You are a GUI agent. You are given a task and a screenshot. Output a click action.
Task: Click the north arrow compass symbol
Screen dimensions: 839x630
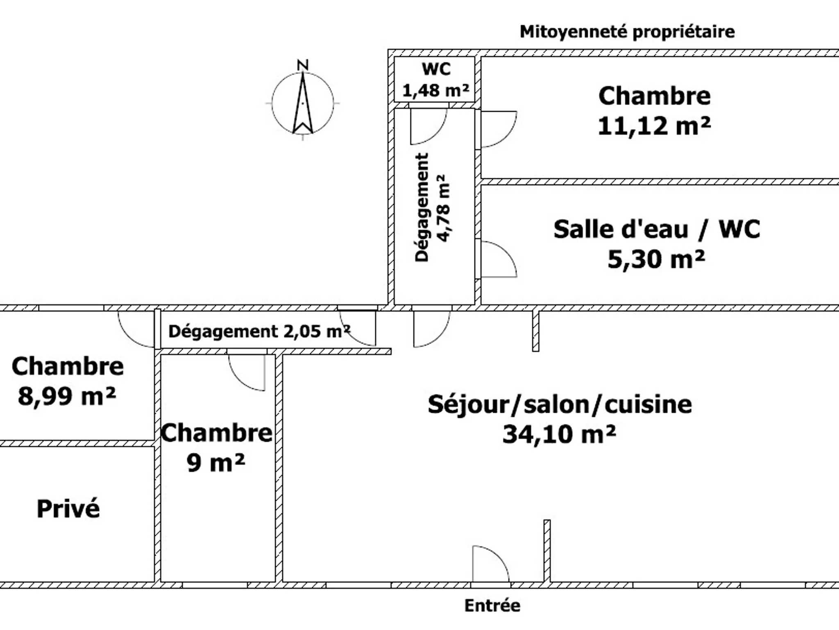pyautogui.click(x=303, y=103)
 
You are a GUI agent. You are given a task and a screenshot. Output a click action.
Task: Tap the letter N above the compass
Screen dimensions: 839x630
pyautogui.click(x=303, y=65)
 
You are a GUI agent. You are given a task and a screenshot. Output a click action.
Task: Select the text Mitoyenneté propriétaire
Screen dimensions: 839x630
pyautogui.click(x=627, y=32)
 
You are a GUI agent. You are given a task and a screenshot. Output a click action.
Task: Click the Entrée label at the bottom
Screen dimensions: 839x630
pyautogui.click(x=492, y=605)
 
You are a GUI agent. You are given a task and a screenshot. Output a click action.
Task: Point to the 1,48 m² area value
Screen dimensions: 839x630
pyautogui.click(x=436, y=90)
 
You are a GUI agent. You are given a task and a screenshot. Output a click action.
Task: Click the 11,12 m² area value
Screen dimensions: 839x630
pyautogui.click(x=654, y=126)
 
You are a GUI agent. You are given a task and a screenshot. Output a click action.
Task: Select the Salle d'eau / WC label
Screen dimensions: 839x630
pyautogui.click(x=657, y=229)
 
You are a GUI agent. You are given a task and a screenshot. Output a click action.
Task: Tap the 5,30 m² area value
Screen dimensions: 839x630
pyautogui.click(x=656, y=259)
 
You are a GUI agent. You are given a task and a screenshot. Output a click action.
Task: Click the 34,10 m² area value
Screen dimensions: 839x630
pyautogui.click(x=559, y=434)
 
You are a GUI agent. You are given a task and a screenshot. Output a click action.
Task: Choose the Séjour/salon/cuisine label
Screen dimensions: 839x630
pyautogui.click(x=560, y=404)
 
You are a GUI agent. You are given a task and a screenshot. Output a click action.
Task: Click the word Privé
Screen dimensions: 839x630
pyautogui.click(x=68, y=509)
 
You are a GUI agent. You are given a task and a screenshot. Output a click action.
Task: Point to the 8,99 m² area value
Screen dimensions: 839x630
pyautogui.click(x=67, y=396)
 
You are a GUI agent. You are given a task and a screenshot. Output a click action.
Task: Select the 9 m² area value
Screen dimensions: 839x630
pyautogui.click(x=216, y=463)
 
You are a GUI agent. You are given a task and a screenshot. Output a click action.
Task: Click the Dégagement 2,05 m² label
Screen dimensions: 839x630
pyautogui.click(x=259, y=331)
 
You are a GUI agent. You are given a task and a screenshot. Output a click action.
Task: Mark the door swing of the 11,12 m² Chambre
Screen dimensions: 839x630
pyautogui.click(x=506, y=137)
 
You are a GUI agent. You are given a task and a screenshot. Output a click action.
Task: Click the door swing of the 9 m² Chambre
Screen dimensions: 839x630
pyautogui.click(x=238, y=379)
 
